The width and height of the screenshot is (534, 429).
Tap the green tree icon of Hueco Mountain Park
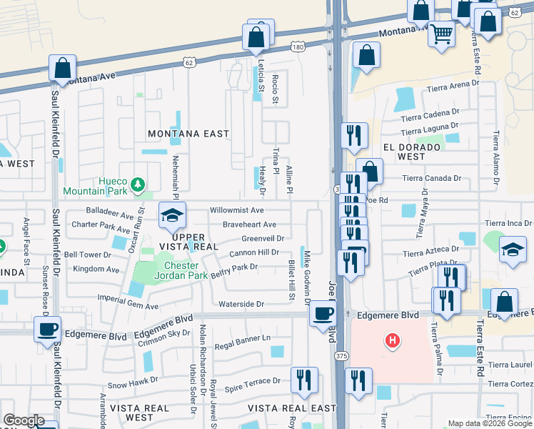(x=137, y=186)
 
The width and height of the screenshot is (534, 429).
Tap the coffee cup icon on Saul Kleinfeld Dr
(x=48, y=330)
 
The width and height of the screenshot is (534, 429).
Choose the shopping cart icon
(x=441, y=33)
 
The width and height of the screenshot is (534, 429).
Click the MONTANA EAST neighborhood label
(x=188, y=134)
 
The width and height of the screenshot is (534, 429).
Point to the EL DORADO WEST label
(x=413, y=152)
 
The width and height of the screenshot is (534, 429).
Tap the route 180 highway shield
(x=298, y=46)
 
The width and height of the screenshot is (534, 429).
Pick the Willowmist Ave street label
(x=236, y=211)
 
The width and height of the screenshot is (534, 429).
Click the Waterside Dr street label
(x=241, y=304)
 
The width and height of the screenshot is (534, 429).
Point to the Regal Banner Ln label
(x=248, y=337)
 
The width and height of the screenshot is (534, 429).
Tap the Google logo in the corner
(x=24, y=420)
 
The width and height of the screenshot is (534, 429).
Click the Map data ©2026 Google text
(x=489, y=423)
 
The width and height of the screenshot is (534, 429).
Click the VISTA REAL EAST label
(x=291, y=408)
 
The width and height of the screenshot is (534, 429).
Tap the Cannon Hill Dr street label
(x=253, y=253)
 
